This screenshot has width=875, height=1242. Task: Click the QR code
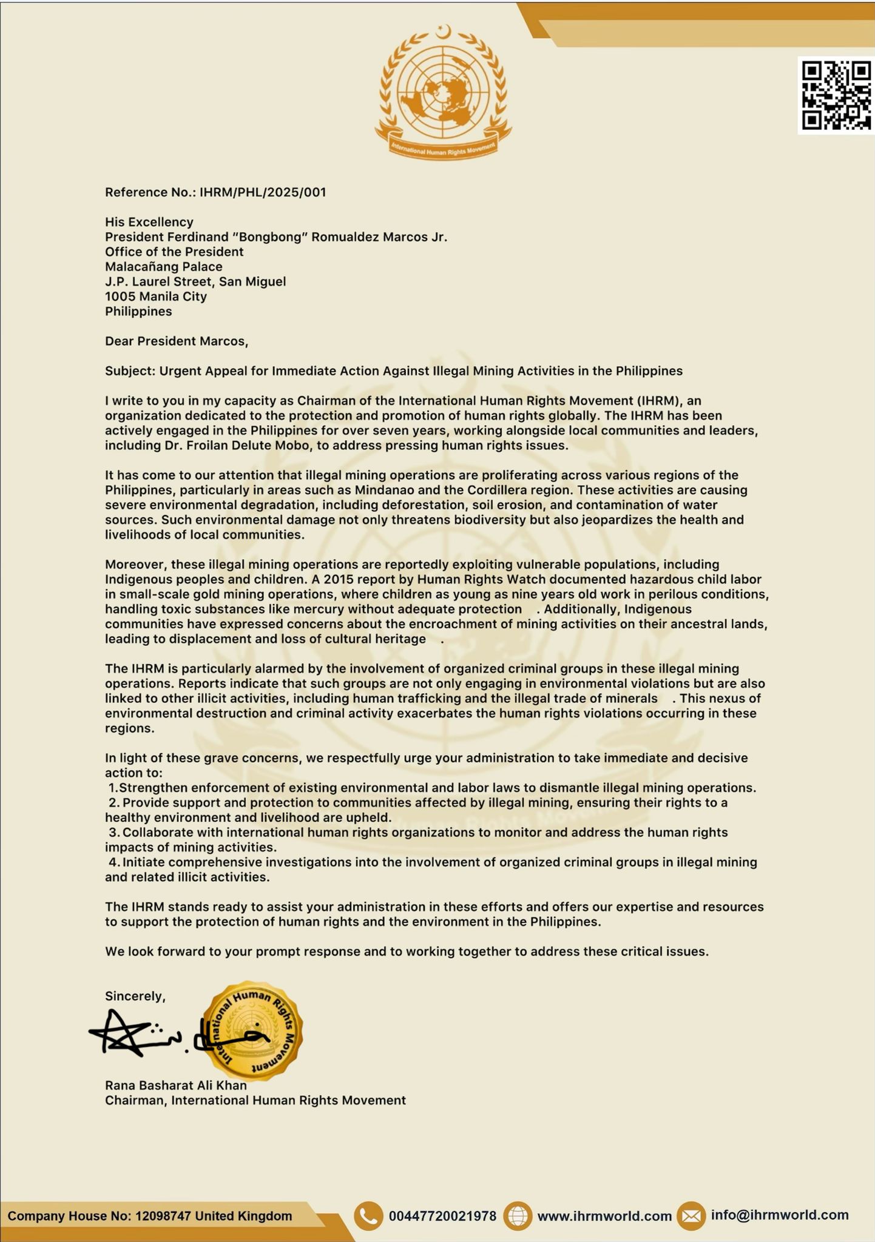coord(836,95)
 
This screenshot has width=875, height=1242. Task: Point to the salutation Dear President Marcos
coord(177,341)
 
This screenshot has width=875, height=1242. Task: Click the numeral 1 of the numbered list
coord(112,788)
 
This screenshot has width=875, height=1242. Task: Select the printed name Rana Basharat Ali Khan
coord(176,1085)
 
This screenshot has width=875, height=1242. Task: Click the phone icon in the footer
coord(368,1215)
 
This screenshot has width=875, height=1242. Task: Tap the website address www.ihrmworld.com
coord(604,1216)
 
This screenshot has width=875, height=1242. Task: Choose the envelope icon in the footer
coord(691,1215)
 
